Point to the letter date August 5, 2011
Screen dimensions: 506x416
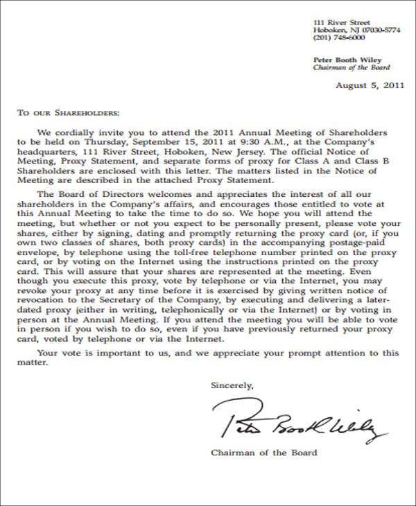point(369,86)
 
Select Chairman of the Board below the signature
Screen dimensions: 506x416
point(263,453)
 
